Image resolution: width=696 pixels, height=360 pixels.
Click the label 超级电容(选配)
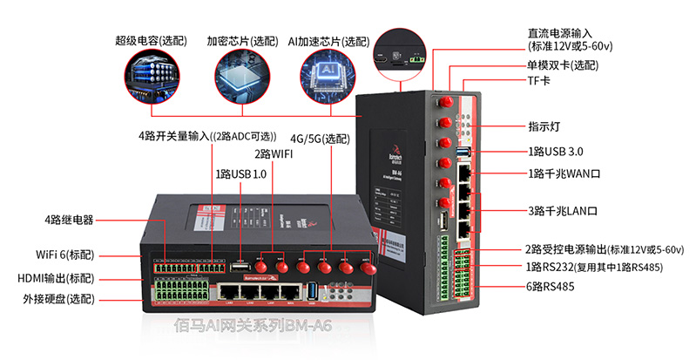pyautogui.click(x=151, y=41)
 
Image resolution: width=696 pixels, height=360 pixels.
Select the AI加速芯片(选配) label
pyautogui.click(x=328, y=41)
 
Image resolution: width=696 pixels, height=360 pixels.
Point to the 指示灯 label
pyautogui.click(x=544, y=126)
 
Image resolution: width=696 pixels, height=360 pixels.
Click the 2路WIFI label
pyautogui.click(x=273, y=154)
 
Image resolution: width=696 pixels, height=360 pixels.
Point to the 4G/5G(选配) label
pyautogui.click(x=320, y=139)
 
